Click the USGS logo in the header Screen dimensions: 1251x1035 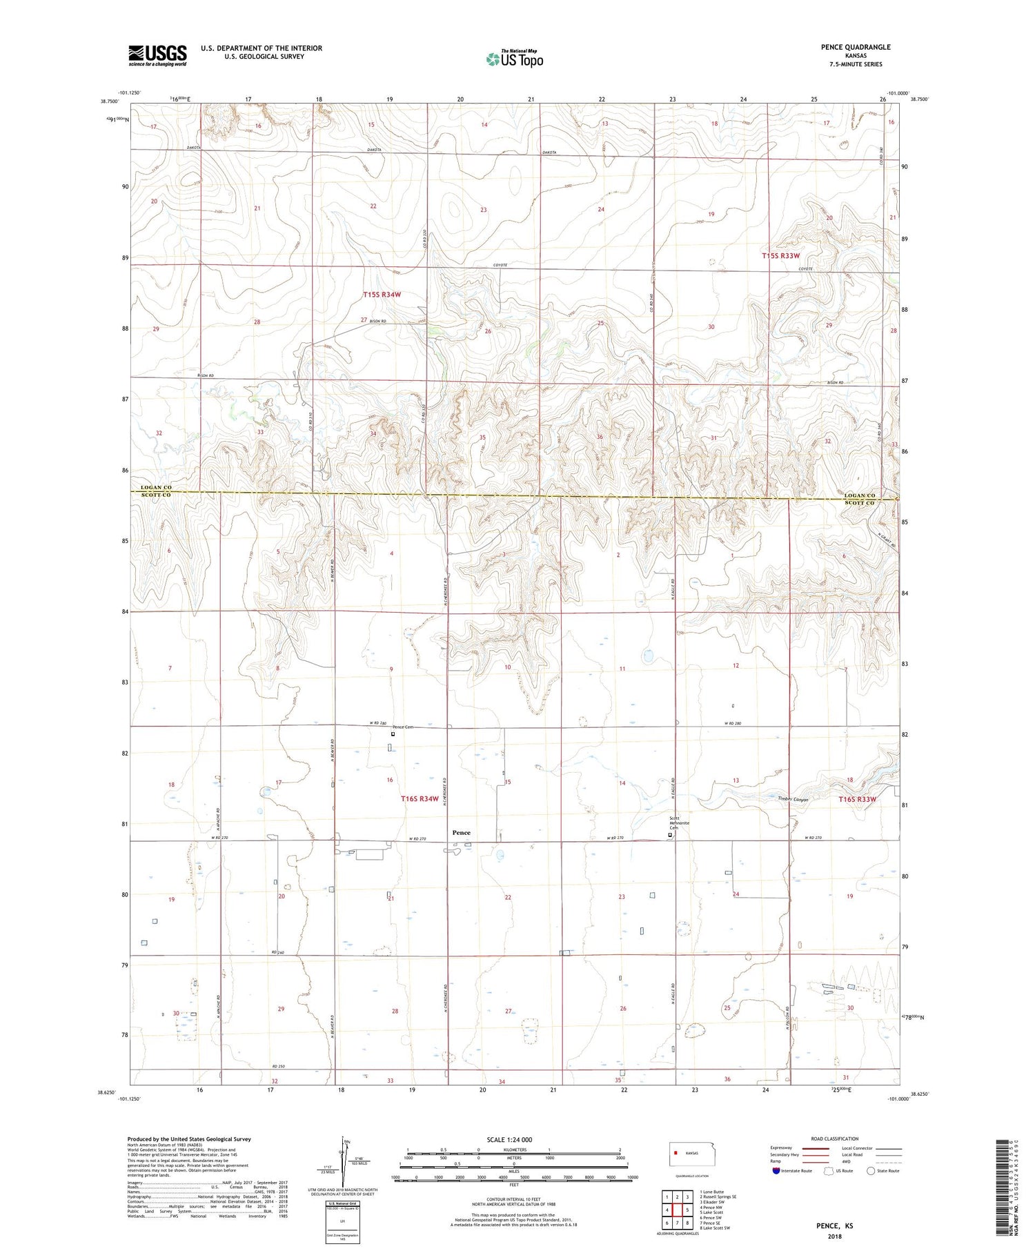click(157, 55)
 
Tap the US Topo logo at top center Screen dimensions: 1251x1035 click(515, 59)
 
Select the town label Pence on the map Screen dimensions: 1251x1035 click(461, 833)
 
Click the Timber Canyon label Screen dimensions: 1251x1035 click(792, 799)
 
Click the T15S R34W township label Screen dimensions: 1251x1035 click(382, 295)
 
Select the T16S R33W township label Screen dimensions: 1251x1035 click(857, 799)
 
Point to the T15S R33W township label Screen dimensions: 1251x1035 click(780, 256)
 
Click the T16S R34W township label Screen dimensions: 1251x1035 click(420, 798)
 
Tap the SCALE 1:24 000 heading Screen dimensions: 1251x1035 click(509, 1139)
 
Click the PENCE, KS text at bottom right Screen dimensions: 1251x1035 click(834, 1225)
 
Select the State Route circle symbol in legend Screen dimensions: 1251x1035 click(871, 1170)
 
